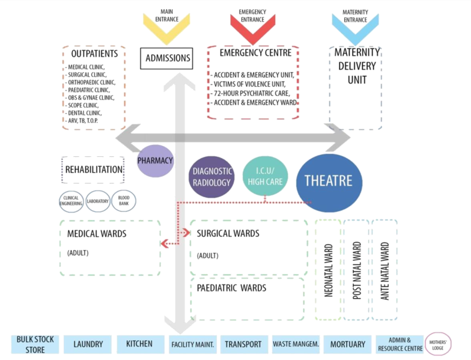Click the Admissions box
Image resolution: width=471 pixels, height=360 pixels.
(169, 58)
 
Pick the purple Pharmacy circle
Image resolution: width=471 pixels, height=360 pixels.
(156, 160)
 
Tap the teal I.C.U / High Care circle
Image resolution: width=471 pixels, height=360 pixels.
(265, 176)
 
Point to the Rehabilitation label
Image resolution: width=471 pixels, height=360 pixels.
(93, 170)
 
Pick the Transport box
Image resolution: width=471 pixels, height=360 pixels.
(243, 344)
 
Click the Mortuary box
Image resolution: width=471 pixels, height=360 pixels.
(347, 344)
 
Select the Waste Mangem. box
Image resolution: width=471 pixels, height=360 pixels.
(294, 344)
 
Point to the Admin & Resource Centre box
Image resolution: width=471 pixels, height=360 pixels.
(398, 344)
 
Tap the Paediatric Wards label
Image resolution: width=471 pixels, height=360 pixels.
(231, 288)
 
